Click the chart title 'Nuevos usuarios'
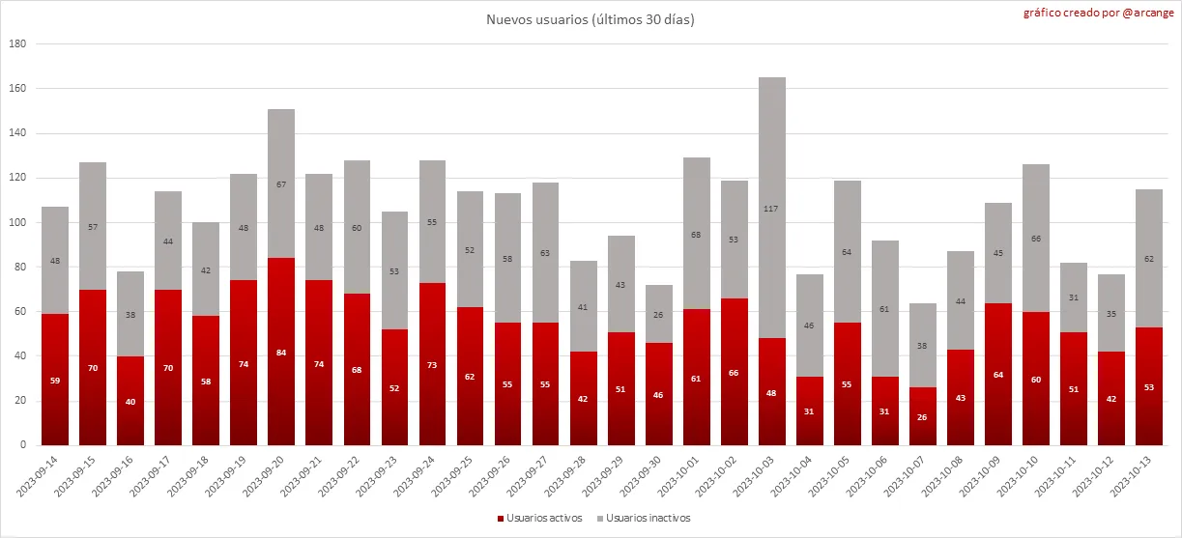click(x=590, y=20)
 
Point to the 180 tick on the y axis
click(x=17, y=44)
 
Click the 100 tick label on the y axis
click(x=17, y=223)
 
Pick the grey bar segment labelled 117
click(x=772, y=208)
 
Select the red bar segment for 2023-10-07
click(x=923, y=416)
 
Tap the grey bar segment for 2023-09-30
click(x=658, y=314)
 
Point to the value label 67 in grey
click(x=281, y=184)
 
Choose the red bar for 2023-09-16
click(x=130, y=401)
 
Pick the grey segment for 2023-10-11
click(x=1074, y=297)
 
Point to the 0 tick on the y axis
click(x=23, y=446)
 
